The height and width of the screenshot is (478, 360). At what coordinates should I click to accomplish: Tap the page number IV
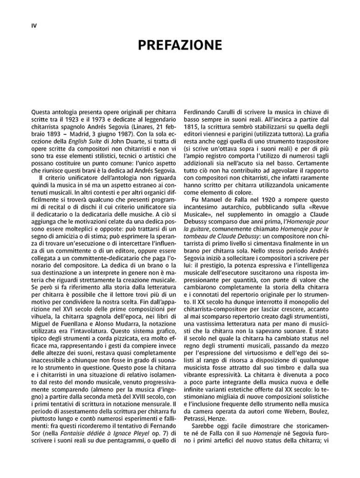pyautogui.click(x=28, y=26)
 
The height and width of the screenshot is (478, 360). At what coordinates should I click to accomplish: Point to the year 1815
pyautogui.click(x=193, y=128)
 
